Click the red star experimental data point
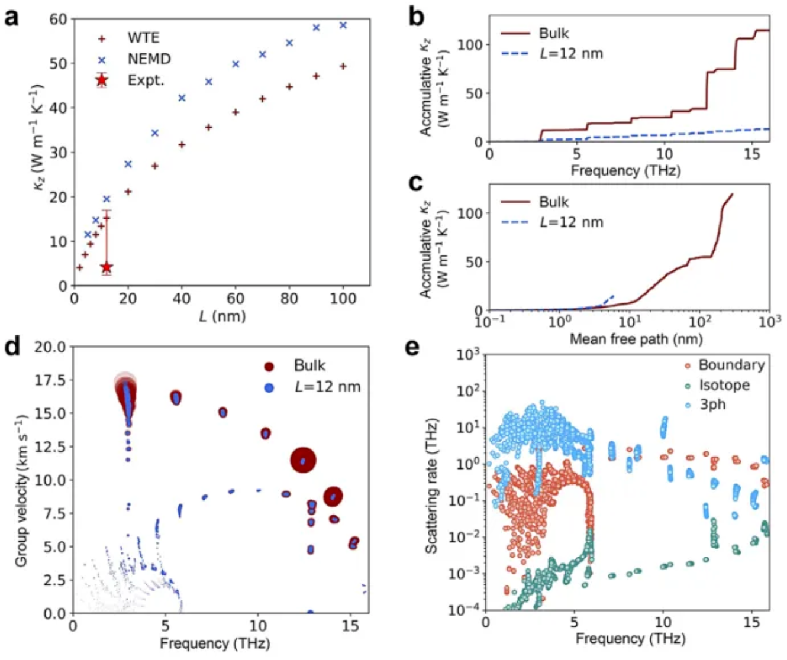107,267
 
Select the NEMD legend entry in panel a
149,59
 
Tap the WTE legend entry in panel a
143,38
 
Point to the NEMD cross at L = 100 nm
343,25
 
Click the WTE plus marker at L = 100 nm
343,66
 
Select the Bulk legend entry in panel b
553,33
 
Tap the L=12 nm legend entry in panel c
570,222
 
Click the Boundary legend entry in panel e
731,365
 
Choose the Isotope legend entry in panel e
724,385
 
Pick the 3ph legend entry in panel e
712,405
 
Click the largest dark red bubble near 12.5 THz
303,460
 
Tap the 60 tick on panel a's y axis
58,19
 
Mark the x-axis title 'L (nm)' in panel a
222,316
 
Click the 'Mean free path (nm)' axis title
636,339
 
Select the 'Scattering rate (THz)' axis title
432,486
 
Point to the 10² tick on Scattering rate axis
467,391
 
